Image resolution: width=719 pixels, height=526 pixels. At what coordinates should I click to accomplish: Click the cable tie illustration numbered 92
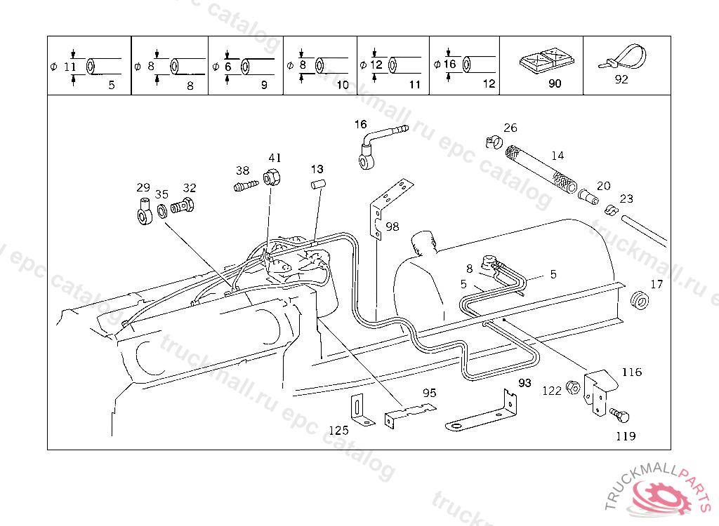(x=623, y=58)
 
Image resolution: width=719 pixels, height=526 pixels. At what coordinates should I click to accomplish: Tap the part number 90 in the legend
(x=555, y=83)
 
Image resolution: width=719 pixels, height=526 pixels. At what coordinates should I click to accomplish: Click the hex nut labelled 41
(x=272, y=177)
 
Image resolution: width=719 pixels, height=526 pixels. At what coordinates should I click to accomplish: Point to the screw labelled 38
(x=246, y=186)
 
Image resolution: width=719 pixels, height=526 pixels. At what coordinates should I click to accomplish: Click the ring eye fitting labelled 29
(x=145, y=211)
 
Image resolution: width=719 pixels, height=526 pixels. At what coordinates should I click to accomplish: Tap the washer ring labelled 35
(x=162, y=212)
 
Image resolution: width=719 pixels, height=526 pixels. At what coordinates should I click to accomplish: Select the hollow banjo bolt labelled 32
(x=182, y=205)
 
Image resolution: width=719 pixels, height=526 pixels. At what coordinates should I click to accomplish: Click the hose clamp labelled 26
(x=494, y=142)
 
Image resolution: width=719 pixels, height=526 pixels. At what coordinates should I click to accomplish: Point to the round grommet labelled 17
(x=640, y=300)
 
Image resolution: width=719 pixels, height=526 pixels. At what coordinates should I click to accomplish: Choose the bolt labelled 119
(x=619, y=416)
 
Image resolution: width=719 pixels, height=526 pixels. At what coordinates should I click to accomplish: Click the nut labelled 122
(x=573, y=388)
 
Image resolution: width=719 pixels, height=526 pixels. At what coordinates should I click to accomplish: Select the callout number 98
(x=392, y=227)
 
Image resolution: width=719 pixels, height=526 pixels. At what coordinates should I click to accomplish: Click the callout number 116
(x=631, y=372)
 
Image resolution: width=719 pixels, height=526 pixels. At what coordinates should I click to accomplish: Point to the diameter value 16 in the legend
(x=449, y=64)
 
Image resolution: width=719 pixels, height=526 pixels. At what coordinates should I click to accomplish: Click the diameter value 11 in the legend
(x=70, y=67)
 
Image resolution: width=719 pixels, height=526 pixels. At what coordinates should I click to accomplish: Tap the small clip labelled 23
(x=611, y=210)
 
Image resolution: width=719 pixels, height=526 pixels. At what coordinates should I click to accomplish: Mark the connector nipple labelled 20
(x=588, y=196)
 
